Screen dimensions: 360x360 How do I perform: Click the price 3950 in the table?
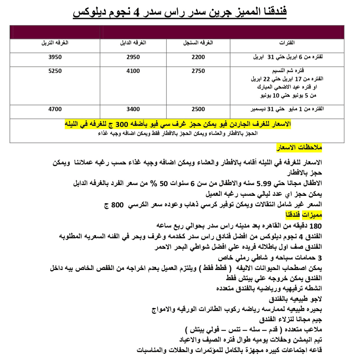click(55, 57)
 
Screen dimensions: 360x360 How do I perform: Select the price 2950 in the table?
click(133, 57)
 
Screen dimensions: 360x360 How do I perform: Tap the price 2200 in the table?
click(198, 57)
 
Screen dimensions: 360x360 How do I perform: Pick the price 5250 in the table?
click(55, 71)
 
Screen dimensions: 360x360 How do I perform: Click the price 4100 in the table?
click(133, 71)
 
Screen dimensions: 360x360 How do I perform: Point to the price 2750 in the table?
click(198, 71)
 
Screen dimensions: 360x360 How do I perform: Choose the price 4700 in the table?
click(55, 109)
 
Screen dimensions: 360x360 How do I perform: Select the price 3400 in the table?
click(133, 109)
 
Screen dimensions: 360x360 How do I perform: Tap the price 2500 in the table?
click(198, 109)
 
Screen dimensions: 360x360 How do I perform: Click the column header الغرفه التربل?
click(55, 43)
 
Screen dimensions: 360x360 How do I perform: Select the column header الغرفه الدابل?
click(134, 43)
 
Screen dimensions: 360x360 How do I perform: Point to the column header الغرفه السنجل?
click(199, 43)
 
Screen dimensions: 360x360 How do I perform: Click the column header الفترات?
click(287, 43)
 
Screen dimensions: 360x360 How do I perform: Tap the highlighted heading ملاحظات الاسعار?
click(300, 148)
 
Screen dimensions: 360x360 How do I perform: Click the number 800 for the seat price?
click(117, 205)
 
